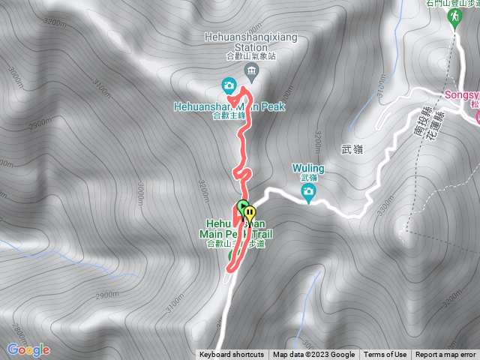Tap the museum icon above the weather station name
250,71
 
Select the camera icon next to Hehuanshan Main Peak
229,84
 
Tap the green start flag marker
243,207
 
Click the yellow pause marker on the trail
249,213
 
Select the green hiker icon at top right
454,20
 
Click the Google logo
28,349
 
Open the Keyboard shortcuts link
232,355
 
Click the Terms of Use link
385,355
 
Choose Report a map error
445,355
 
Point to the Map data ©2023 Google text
313,355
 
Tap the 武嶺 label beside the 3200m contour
352,150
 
